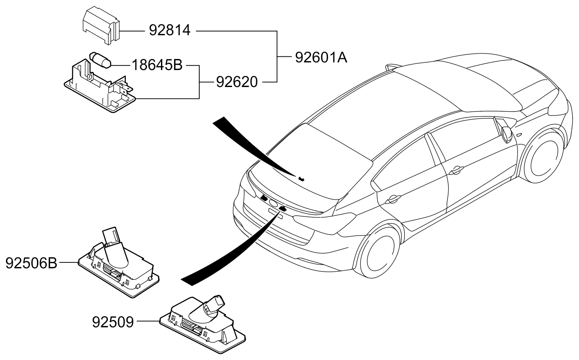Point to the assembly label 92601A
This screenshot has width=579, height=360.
321,57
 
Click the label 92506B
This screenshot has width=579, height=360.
31,263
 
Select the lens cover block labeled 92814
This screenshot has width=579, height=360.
100,25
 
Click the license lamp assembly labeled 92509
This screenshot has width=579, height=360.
204,323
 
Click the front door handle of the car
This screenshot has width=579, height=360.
457,171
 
